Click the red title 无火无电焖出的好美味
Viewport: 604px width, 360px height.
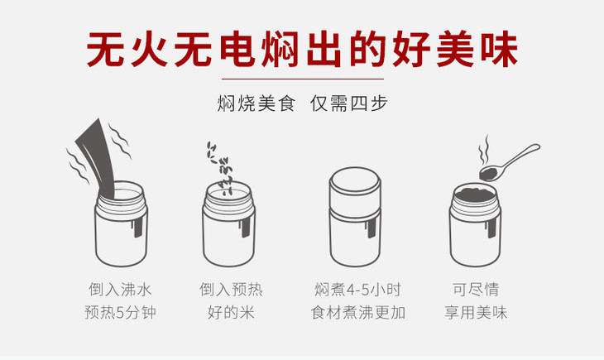coord(302,50)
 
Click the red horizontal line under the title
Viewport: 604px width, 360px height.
coord(302,79)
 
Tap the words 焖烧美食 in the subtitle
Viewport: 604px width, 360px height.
coord(256,103)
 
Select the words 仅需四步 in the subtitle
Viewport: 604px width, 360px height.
coord(348,103)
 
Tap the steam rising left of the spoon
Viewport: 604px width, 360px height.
coord(484,151)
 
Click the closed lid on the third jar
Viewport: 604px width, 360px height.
coord(355,189)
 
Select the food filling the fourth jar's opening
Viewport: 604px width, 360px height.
coord(475,194)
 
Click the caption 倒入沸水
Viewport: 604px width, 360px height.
coord(120,289)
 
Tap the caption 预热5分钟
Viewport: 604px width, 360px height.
coord(120,312)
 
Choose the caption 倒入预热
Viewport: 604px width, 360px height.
coord(231,289)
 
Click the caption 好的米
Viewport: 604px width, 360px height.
coord(231,312)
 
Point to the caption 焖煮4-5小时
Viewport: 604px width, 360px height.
coord(358,289)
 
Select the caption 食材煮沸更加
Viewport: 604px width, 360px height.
coord(358,312)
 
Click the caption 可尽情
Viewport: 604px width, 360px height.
coord(476,289)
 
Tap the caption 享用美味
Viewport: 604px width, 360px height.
coord(476,312)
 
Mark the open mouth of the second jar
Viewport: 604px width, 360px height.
coord(228,192)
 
